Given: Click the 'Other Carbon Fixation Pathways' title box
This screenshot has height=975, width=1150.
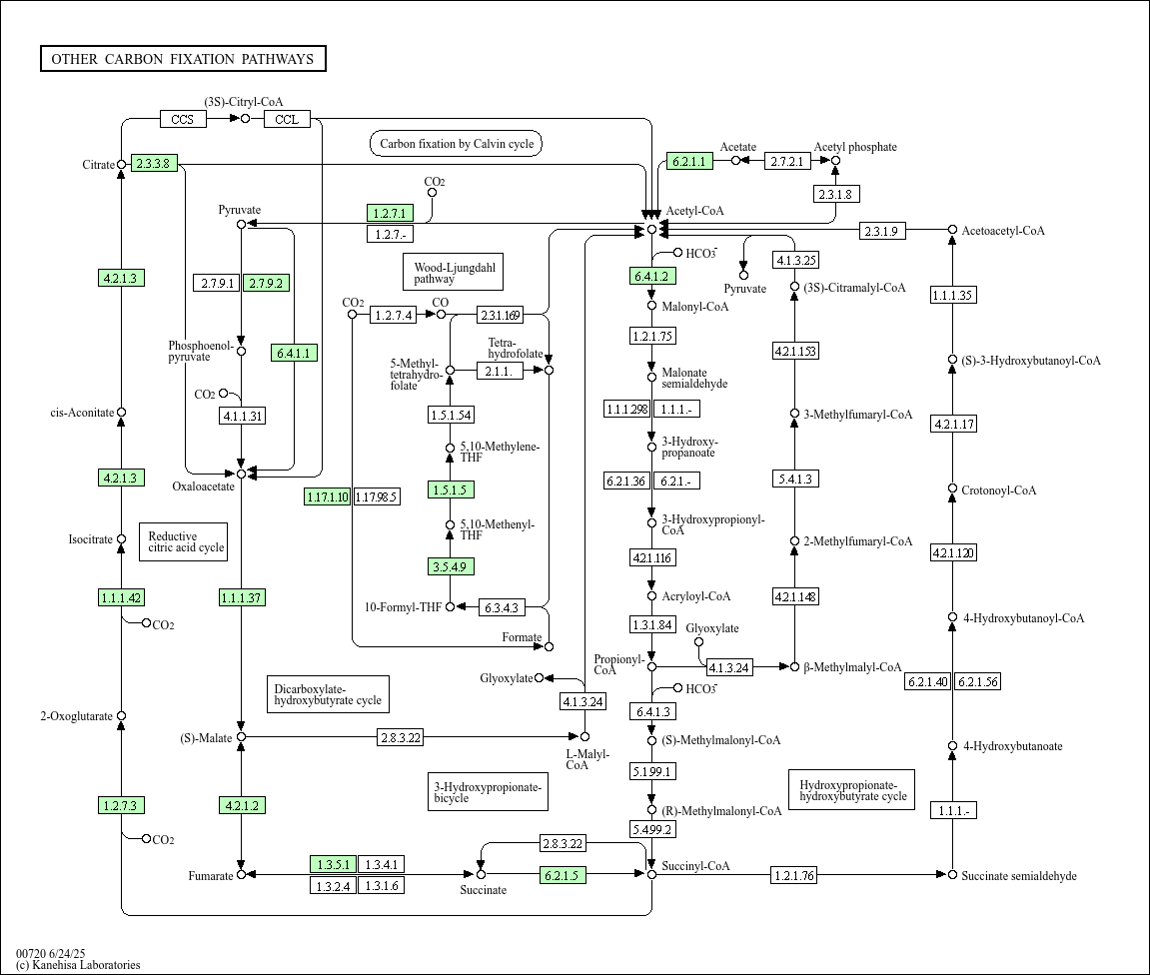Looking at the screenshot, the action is (x=183, y=59).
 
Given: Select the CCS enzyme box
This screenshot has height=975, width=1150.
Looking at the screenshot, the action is (x=183, y=119).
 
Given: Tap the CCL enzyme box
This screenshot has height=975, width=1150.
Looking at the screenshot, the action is (x=287, y=119).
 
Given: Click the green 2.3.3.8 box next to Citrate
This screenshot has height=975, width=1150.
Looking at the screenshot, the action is (x=154, y=164).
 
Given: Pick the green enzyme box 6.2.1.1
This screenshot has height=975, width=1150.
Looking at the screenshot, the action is (x=689, y=161).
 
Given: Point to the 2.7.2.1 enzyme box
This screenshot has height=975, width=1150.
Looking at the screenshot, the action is (x=787, y=161).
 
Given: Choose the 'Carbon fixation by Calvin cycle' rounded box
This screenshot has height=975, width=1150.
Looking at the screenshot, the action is (x=457, y=144).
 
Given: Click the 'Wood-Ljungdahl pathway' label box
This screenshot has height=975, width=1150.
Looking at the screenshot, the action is (x=454, y=272).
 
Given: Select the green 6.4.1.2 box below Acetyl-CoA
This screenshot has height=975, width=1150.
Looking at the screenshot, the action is (x=652, y=276).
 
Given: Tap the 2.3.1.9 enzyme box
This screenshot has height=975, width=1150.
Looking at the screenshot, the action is (x=881, y=231).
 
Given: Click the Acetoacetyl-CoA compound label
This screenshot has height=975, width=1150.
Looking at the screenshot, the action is (x=1002, y=231).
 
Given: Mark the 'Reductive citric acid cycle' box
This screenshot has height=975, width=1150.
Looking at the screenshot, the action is (x=184, y=541).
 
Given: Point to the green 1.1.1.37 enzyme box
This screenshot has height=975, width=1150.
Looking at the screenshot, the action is (x=242, y=597).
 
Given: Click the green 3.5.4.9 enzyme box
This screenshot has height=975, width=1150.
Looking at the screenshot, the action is (x=451, y=566).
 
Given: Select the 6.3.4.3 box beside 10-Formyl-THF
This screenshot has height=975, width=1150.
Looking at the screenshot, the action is (x=502, y=607).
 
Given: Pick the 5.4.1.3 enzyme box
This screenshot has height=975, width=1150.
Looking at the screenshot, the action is (x=795, y=479).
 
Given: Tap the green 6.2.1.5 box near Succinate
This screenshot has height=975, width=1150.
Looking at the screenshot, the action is (x=563, y=874).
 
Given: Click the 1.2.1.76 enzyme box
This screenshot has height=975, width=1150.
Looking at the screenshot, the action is (x=794, y=875).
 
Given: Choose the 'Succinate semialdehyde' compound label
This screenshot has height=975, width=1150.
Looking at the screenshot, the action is (x=1019, y=876).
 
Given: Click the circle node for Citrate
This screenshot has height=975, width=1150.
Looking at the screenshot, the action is (x=122, y=164).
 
